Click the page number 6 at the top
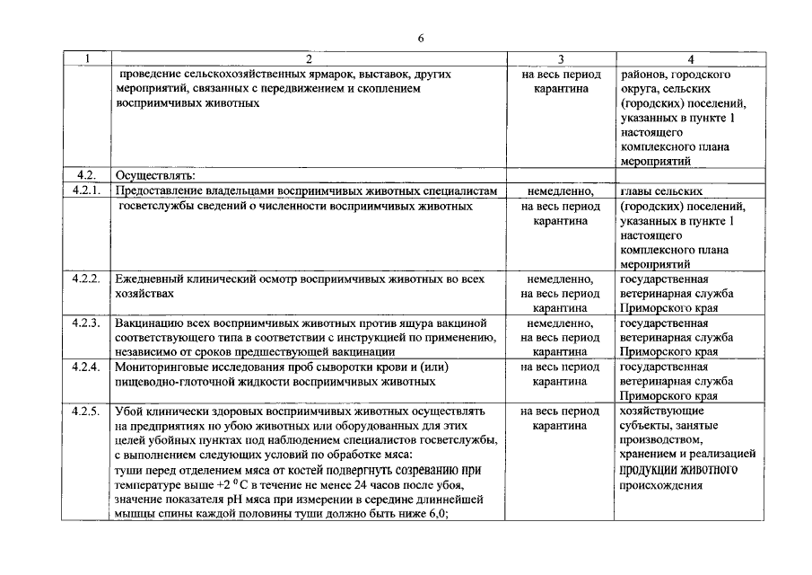coord(420,38)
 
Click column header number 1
coord(88,59)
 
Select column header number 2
coord(309,59)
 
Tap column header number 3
coord(561,59)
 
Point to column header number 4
coord(690,59)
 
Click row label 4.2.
coord(83,176)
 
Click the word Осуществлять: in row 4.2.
coord(150,176)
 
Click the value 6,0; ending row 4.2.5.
coord(434,514)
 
